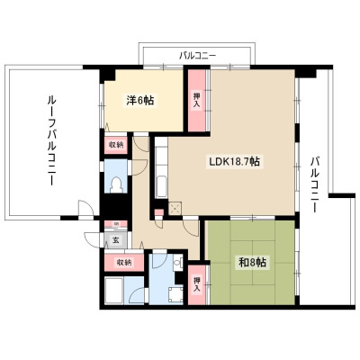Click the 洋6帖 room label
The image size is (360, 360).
point(139,101)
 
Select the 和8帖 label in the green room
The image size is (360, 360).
point(252,263)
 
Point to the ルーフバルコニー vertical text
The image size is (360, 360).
point(50,140)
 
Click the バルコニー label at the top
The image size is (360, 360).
point(198,56)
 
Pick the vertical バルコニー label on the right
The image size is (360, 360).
point(314,184)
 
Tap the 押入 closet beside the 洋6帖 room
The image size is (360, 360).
point(197,101)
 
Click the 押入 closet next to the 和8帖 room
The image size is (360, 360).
point(197,284)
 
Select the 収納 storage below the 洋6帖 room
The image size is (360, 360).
point(116,145)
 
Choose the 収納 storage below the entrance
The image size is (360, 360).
point(124,263)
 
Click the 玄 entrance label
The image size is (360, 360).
point(115,240)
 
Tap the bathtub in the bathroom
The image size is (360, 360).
point(114,290)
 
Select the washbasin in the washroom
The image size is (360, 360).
point(178,263)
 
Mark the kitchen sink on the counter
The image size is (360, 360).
point(162,186)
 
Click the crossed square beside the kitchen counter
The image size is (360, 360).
point(175,208)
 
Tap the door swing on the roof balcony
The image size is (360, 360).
point(85,207)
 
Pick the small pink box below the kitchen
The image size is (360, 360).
point(159,212)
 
